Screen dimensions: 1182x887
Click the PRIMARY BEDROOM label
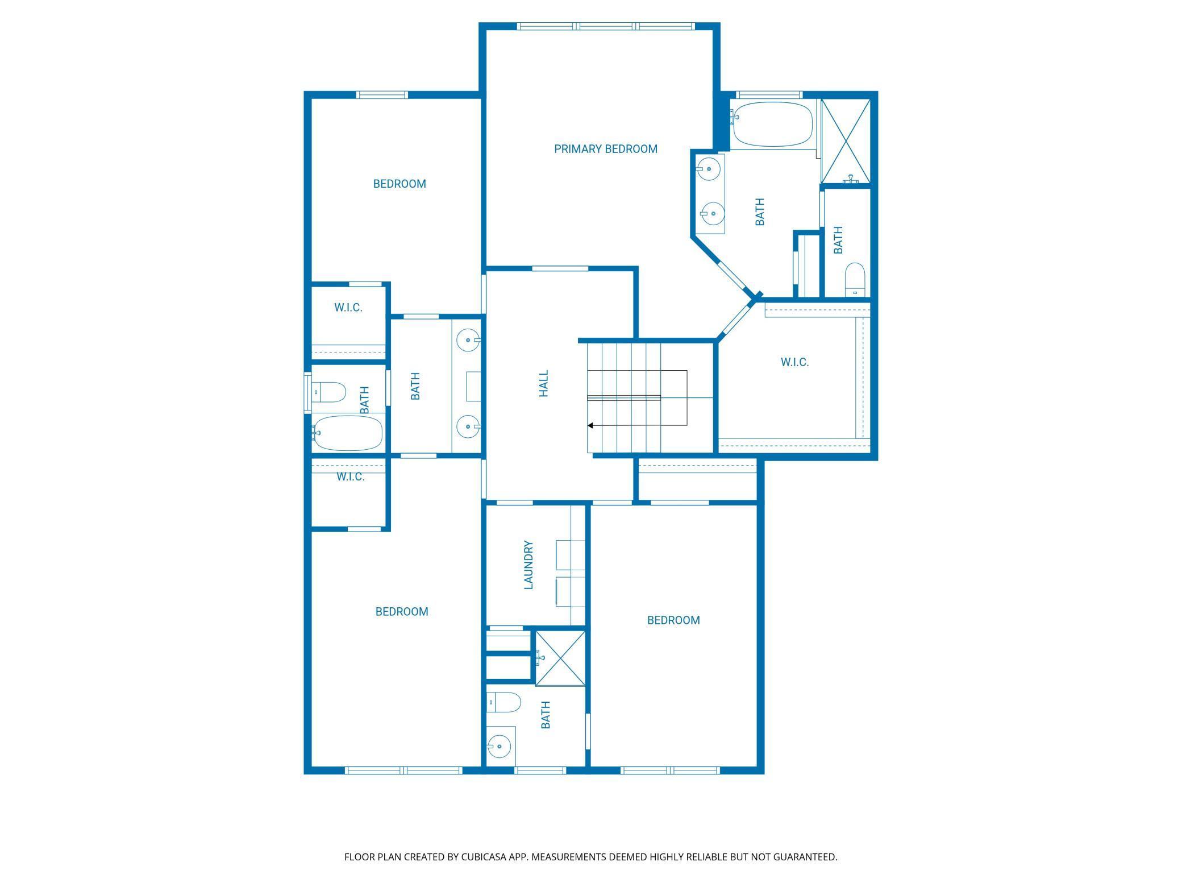point(606,149)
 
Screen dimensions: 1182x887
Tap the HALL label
point(544,383)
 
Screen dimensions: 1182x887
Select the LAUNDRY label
point(528,565)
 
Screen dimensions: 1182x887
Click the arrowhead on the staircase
point(590,425)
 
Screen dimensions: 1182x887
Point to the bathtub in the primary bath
point(773,124)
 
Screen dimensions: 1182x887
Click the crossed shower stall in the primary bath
point(846,141)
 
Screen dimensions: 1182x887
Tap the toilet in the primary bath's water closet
point(855,280)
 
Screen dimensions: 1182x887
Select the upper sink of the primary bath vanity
point(709,168)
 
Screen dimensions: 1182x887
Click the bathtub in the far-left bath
point(347,433)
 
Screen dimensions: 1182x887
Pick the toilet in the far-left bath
point(328,392)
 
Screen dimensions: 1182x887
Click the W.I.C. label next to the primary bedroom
point(794,362)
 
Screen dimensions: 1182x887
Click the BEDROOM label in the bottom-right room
point(673,620)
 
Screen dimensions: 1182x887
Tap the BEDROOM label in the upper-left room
point(399,184)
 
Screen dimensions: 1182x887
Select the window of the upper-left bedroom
point(382,94)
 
